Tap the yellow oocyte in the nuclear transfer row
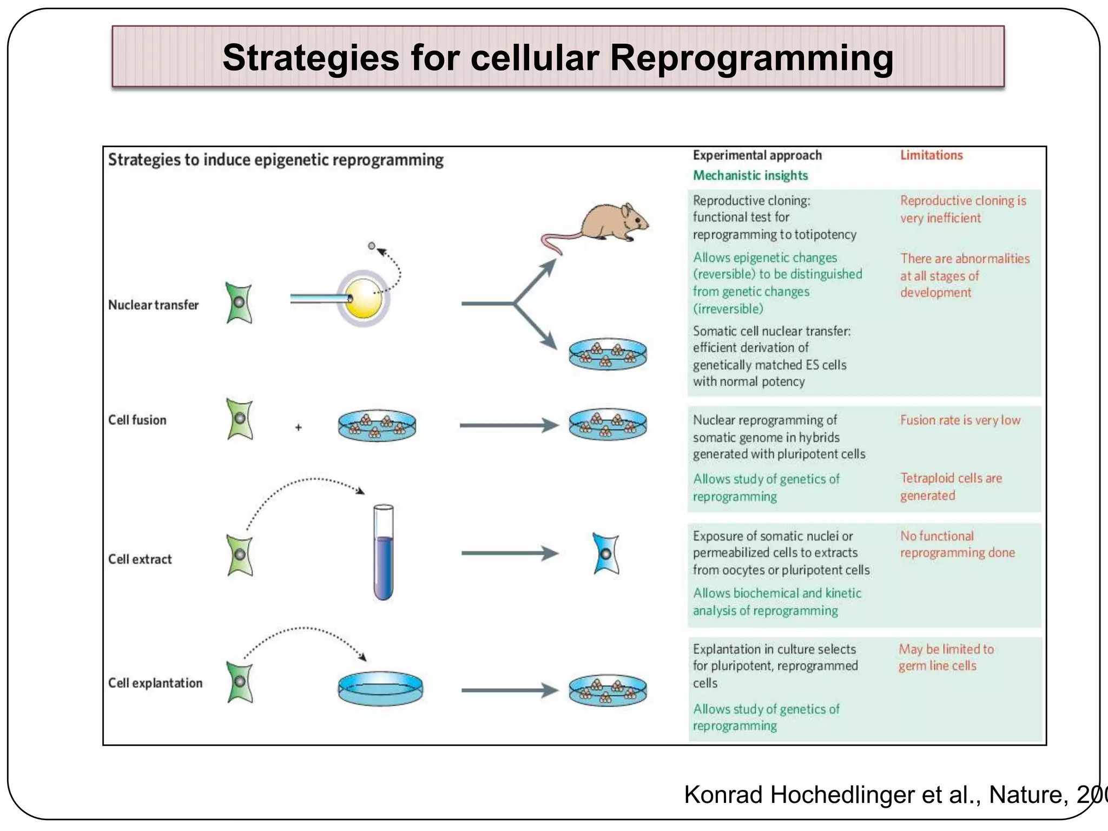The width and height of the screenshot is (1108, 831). tap(364, 299)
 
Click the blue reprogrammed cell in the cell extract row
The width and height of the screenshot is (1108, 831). tap(606, 553)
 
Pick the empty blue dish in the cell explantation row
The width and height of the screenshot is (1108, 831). tap(380, 688)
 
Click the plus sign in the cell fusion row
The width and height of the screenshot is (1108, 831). tap(298, 427)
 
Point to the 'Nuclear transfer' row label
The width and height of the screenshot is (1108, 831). tap(153, 305)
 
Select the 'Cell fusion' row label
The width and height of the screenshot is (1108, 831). tap(137, 420)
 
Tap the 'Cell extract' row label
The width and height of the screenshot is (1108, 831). tap(140, 559)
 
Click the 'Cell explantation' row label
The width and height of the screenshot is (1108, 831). tap(155, 683)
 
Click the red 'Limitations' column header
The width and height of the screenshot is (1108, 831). tap(931, 155)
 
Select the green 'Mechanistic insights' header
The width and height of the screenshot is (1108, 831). tap(750, 175)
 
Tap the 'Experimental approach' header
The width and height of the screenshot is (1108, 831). tap(757, 155)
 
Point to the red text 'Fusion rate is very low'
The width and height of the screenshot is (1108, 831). tap(960, 420)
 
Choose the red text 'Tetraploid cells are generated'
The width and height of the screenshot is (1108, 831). tap(951, 486)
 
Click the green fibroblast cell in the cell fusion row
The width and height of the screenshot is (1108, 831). tap(240, 419)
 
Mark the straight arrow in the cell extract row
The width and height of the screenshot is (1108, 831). tap(509, 553)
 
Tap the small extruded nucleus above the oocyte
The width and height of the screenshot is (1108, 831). tap(371, 246)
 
